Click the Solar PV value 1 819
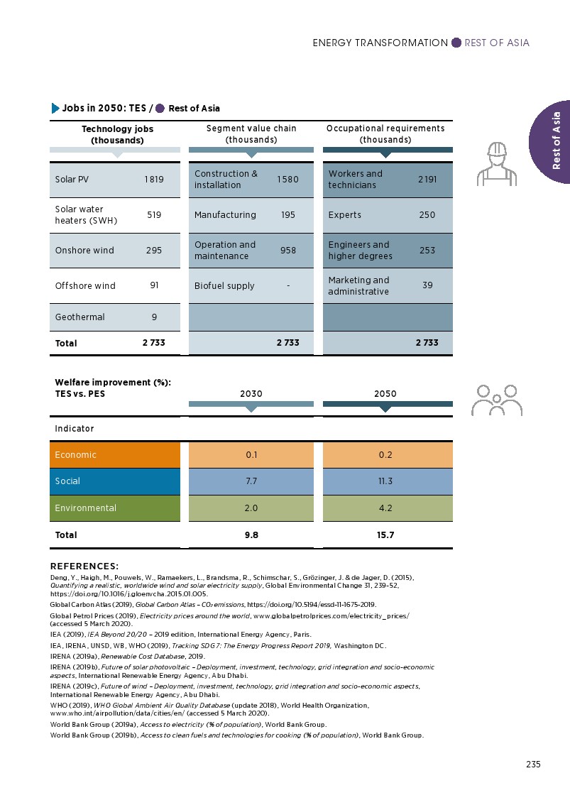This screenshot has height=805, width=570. coord(153,180)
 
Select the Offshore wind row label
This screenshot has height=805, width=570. coord(85,286)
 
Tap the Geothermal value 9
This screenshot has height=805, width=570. coord(154,317)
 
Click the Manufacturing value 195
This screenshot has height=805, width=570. coord(287,215)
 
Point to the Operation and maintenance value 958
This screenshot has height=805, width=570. coord(287,251)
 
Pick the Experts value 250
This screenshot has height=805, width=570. coord(427,215)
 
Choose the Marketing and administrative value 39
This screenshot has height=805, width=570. coord(427,286)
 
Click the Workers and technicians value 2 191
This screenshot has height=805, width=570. coord(427,180)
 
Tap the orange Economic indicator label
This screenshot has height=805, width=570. coord(76,455)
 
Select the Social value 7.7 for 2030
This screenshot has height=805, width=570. coord(251,481)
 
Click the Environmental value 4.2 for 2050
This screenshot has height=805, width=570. coord(385,508)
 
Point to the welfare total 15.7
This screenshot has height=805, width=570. coord(385,535)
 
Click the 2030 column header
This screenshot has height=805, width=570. coord(251,393)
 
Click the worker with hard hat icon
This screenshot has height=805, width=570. coord(496,163)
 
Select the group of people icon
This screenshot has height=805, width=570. coord(496,400)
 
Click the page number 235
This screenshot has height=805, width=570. coord(533,765)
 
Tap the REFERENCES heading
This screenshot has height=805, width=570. coord(84,566)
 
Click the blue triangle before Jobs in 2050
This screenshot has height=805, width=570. coord(55,109)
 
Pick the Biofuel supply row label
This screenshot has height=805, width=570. coord(224,286)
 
